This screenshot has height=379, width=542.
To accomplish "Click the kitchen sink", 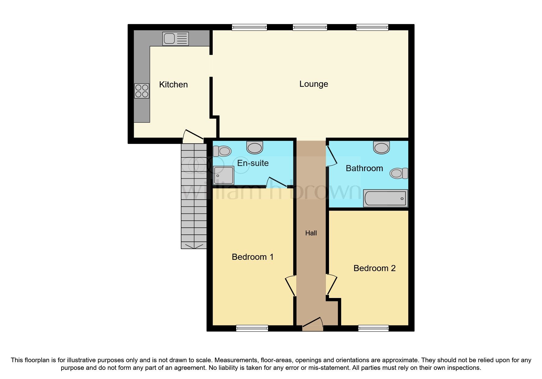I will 175,39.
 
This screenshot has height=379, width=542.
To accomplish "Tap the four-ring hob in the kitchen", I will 142,91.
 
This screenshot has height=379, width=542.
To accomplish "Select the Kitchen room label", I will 173,85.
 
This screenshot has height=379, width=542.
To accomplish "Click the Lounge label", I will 313,84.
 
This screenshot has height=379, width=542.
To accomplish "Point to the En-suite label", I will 253,163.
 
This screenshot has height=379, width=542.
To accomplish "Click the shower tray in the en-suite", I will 223,175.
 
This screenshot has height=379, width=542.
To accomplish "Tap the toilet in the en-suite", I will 222,151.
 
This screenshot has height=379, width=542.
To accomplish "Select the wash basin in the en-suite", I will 255,147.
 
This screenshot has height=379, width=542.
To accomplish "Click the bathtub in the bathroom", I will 385,198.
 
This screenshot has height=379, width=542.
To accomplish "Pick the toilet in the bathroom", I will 399,173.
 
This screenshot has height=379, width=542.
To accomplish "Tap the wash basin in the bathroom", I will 381,147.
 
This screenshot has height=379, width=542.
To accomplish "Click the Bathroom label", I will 364,168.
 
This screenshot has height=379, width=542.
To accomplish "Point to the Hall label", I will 311,233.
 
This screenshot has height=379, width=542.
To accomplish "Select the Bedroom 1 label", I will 252,257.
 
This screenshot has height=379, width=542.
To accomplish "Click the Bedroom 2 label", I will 374,268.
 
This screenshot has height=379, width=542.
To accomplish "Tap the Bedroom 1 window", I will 252,328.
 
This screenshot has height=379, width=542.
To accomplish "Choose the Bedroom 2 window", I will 373,328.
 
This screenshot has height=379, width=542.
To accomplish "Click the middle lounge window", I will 310,28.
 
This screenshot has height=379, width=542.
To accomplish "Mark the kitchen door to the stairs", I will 193,136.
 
